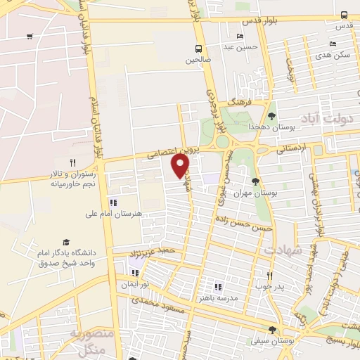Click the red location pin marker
(181, 165)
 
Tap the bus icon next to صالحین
(199, 49)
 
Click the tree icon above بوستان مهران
(255, 181)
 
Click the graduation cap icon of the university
(67, 241)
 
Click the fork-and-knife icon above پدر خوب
(269, 276)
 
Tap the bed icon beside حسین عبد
(240, 37)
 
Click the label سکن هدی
(333, 54)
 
